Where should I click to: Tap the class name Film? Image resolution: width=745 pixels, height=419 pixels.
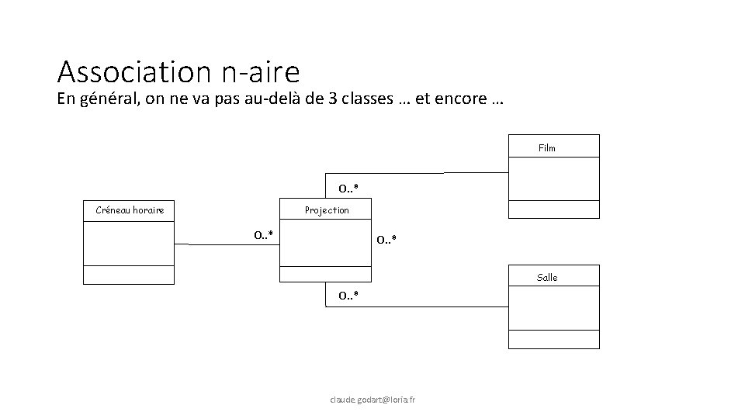coord(546,147)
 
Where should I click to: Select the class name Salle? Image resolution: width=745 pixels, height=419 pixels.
coord(546,277)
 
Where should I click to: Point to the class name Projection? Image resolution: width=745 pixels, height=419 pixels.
coord(327,210)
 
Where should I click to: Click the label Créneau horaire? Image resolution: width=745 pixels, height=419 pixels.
coord(130,210)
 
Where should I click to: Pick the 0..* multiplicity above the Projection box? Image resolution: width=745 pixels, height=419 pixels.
coord(347,189)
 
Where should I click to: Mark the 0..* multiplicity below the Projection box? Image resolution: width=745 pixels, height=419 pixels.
coord(347,296)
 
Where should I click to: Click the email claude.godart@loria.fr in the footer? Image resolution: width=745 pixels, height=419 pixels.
coord(372,400)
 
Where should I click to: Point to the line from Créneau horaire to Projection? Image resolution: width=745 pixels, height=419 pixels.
coord(225,244)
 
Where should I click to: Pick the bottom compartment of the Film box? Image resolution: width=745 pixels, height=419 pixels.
coord(554,209)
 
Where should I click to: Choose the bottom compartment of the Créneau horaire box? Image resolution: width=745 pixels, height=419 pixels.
coord(129,275)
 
